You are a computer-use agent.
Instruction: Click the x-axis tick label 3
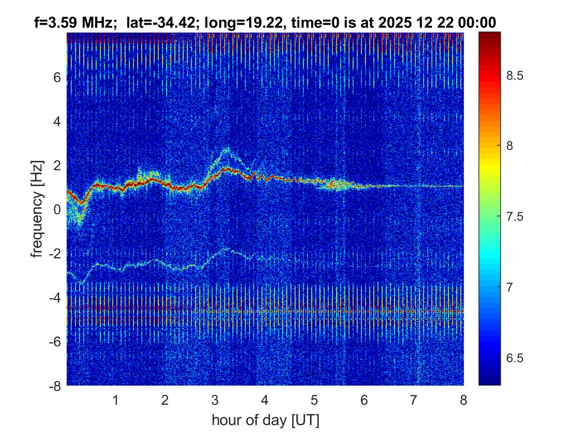point(215,400)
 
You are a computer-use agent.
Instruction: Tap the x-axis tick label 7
point(414,400)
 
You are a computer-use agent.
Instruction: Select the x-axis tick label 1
point(116,400)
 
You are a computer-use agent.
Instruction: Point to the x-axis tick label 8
point(463,400)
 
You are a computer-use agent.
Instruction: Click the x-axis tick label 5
point(314,400)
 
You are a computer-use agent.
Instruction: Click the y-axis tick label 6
point(57,77)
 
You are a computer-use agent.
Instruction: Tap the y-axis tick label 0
point(57,209)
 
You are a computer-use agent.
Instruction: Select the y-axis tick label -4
point(54,297)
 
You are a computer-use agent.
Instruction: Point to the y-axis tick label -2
point(54,253)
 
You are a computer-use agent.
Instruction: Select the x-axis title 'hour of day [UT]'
point(265,420)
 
